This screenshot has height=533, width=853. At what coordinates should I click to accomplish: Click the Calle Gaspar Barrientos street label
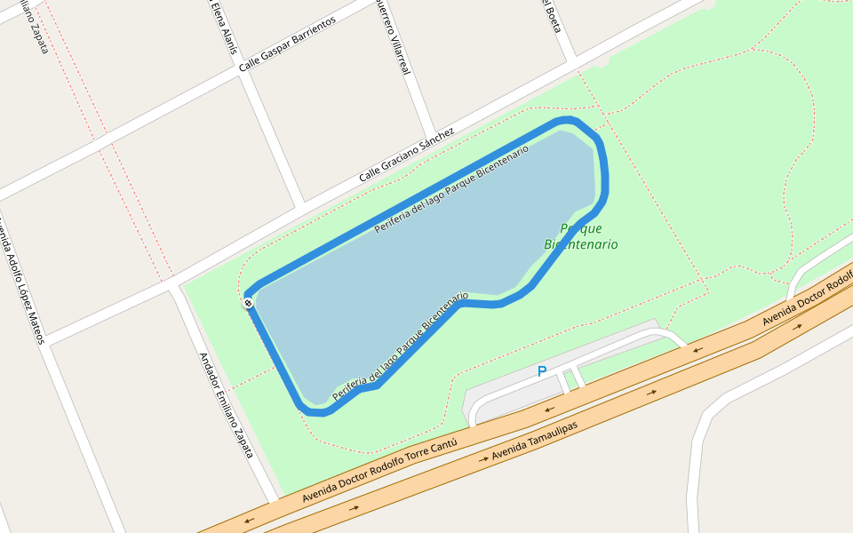pyautogui.click(x=287, y=44)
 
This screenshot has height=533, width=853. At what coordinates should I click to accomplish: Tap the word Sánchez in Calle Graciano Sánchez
pyautogui.click(x=434, y=141)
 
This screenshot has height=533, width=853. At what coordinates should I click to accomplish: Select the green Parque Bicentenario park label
pyautogui.click(x=580, y=236)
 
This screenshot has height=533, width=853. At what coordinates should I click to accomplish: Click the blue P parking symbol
pyautogui.click(x=541, y=371)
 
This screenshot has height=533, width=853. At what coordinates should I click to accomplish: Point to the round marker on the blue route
pyautogui.click(x=248, y=304)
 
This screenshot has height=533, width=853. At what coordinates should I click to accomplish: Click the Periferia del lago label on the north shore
pyautogui.click(x=451, y=188)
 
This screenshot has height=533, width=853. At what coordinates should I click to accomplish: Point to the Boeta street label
pyautogui.click(x=552, y=15)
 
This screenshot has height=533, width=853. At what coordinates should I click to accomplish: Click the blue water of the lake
pyautogui.click(x=418, y=258)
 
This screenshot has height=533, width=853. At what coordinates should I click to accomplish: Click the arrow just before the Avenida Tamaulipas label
pyautogui.click(x=483, y=459)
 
